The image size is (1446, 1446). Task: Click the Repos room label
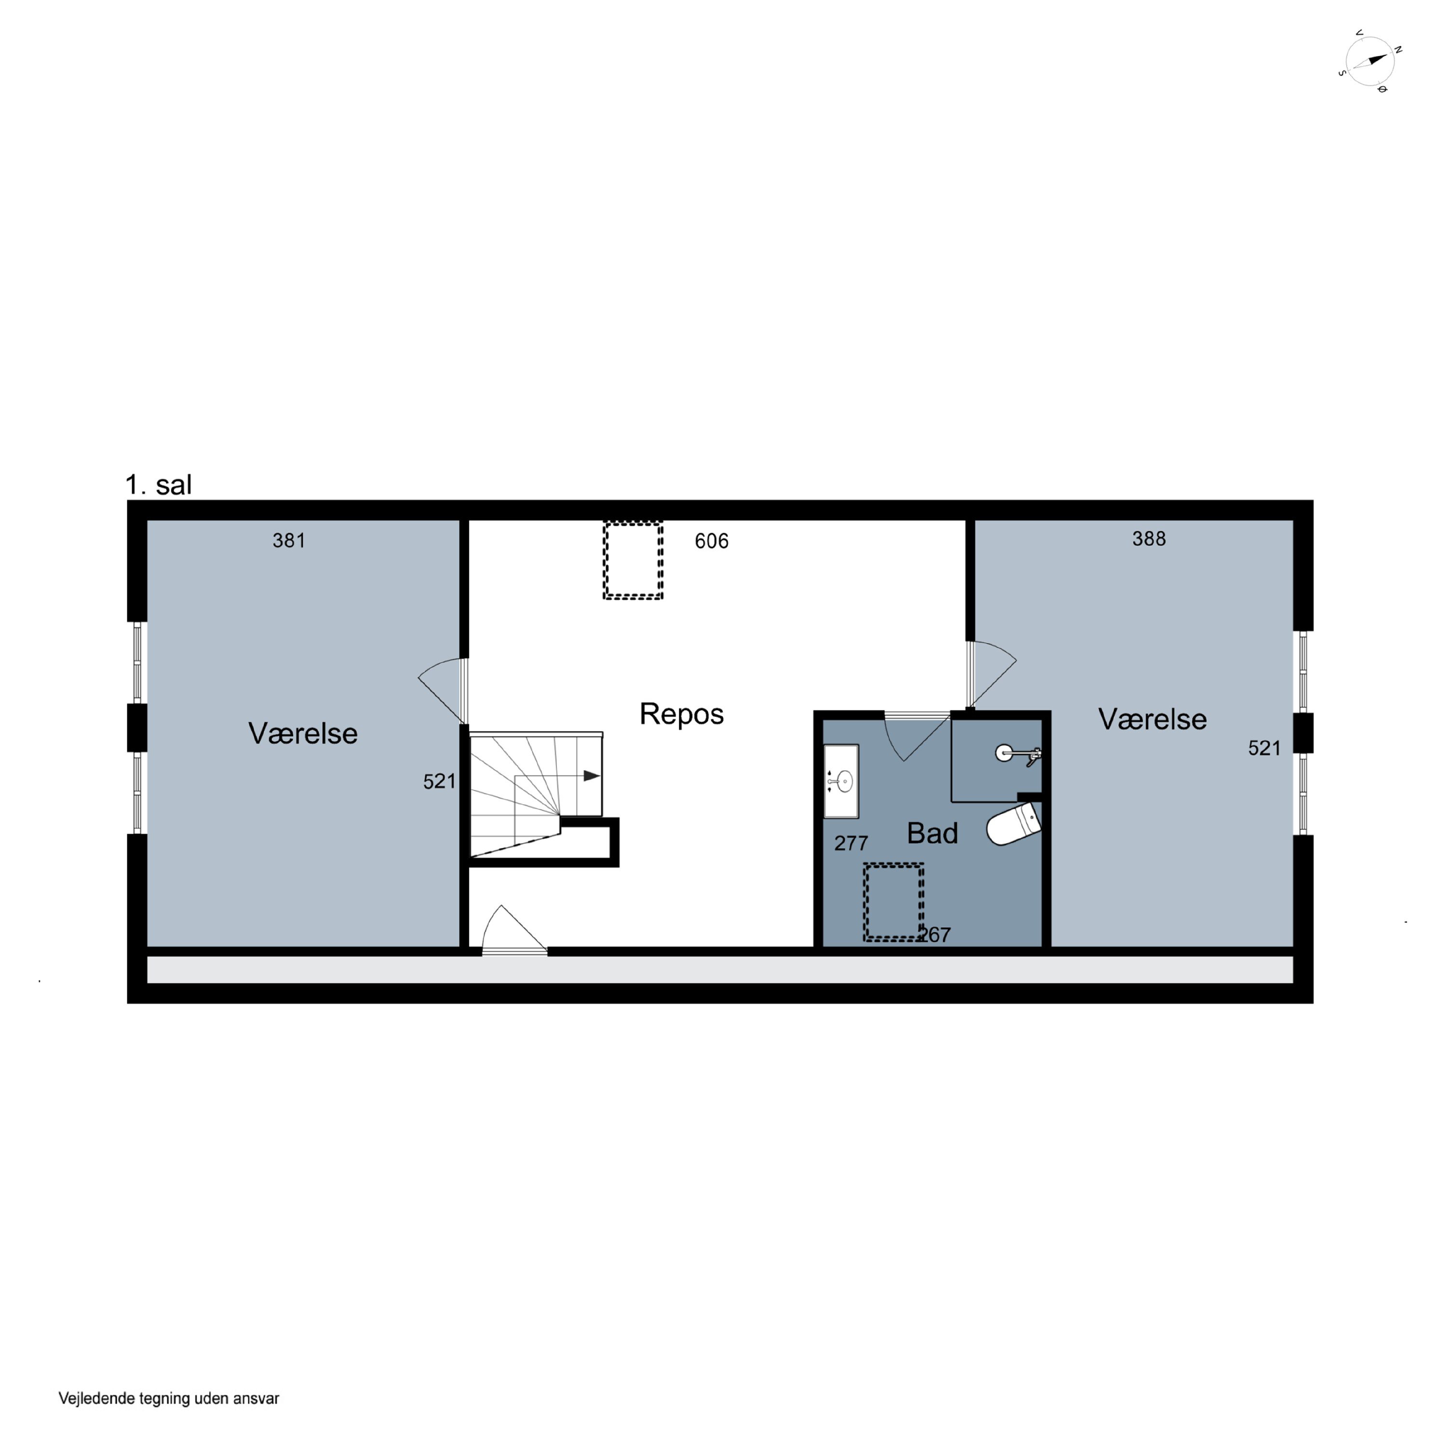pos(681,714)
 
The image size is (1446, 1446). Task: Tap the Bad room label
pos(932,833)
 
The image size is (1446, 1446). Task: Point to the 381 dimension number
pos(289,540)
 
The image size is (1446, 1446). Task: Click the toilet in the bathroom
pos(1014,824)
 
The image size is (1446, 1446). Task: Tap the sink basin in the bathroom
pos(841,781)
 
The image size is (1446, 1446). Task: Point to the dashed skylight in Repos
pos(633,560)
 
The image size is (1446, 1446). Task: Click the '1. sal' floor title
pos(158,484)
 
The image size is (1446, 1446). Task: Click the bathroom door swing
pos(918,737)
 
